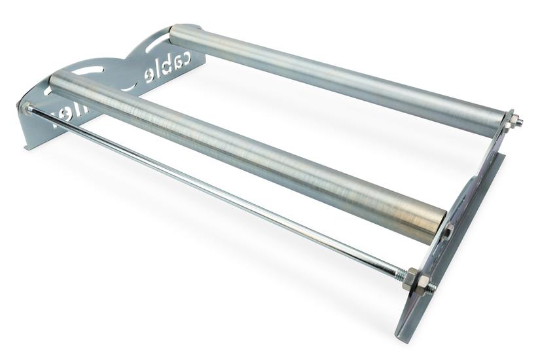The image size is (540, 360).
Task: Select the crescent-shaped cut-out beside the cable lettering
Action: tap(129, 84)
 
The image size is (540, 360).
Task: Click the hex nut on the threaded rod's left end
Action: tap(27, 109)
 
